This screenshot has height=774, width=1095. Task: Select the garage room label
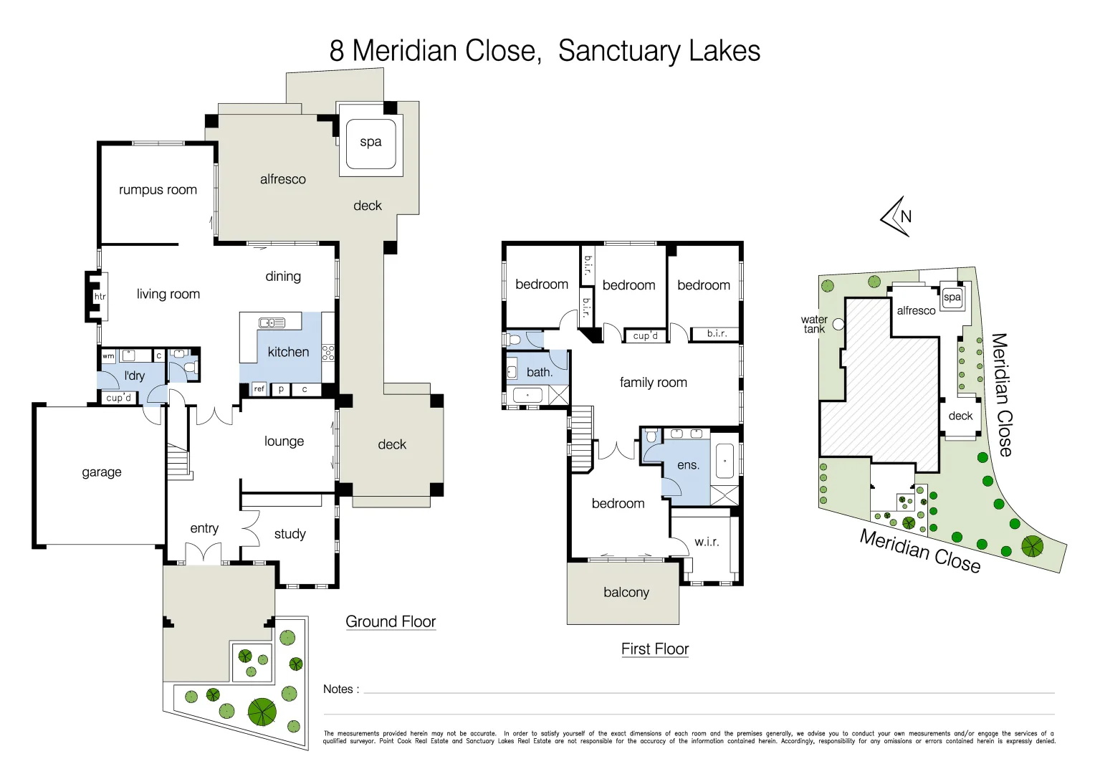tap(102, 472)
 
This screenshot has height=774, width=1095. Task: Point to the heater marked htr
tap(100, 296)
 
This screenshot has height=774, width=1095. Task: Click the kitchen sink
tap(272, 323)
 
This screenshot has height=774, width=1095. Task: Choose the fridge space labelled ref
tap(259, 389)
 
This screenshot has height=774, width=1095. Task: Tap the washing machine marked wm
tap(108, 355)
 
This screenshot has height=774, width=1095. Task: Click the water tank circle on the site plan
tap(838, 325)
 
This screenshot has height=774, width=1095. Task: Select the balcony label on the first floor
tap(626, 593)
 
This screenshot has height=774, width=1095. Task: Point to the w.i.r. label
tap(707, 542)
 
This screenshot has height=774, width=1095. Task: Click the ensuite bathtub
tap(725, 462)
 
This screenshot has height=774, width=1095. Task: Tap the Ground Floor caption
tap(391, 621)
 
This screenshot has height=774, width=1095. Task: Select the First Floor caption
tap(655, 649)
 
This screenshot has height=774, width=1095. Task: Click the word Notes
tap(338, 689)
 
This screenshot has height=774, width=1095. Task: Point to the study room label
tap(290, 534)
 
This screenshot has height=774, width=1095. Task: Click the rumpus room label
tap(158, 190)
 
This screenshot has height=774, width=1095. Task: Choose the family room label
tap(653, 383)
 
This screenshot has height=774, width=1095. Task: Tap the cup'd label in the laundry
tap(119, 398)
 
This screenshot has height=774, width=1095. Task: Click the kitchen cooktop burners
tap(328, 352)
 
